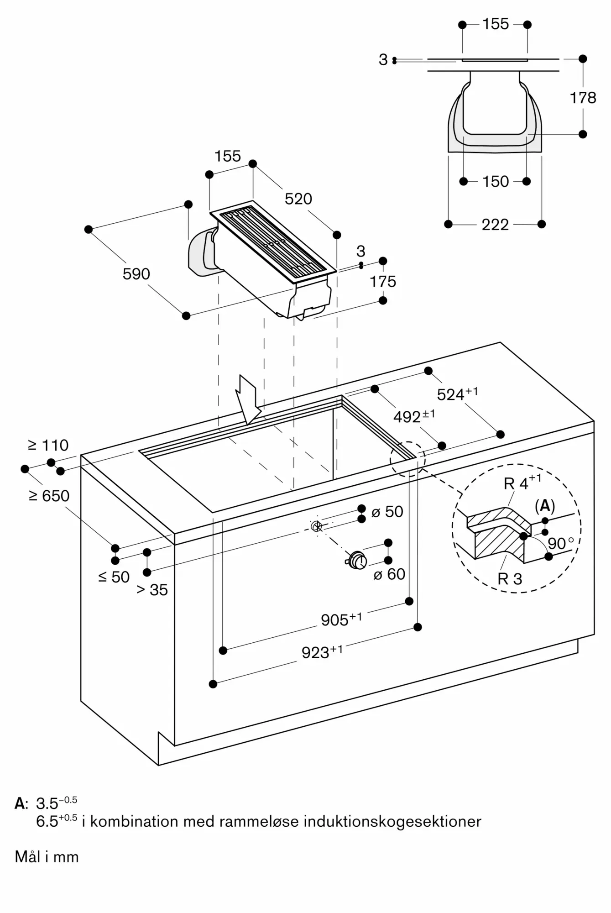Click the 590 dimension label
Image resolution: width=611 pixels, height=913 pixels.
[136, 274]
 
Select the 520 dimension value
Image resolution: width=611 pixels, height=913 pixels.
[298, 199]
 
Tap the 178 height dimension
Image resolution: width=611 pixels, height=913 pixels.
[583, 97]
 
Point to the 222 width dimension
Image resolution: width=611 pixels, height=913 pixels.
[495, 225]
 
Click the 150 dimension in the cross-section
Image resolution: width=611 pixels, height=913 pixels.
[496, 181]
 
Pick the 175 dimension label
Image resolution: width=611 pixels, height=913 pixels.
[383, 281]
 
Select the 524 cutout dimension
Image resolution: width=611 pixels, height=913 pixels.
[457, 394]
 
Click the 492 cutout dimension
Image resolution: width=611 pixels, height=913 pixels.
[414, 416]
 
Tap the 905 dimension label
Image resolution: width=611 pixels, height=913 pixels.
[341, 619]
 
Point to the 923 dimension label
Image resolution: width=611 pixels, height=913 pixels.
[322, 652]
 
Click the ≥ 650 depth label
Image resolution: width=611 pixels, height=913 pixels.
[49, 496]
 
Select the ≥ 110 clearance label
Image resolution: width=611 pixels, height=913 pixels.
[48, 445]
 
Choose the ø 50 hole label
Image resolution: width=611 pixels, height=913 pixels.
[387, 512]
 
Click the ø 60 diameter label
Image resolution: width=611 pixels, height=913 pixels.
[389, 574]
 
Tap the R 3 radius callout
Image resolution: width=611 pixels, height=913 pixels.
[510, 579]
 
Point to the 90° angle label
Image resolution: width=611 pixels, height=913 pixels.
[561, 543]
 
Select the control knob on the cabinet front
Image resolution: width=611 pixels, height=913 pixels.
[356, 560]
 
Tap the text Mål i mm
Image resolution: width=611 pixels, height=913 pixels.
[47, 857]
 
